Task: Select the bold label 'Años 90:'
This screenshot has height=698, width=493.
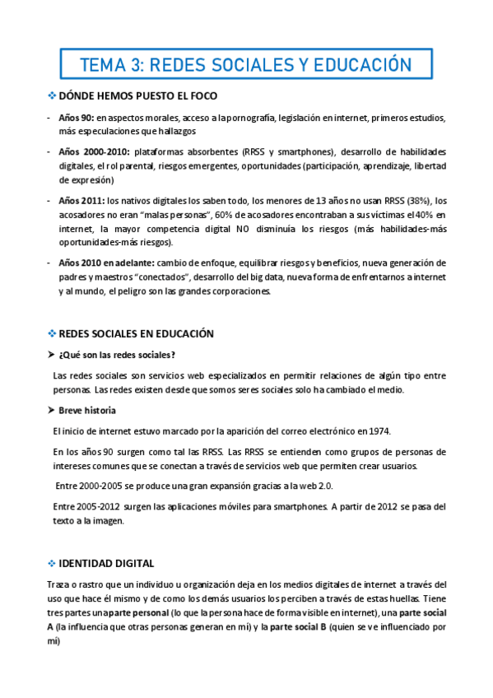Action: tap(76, 119)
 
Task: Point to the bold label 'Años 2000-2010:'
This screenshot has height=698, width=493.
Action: tap(94, 152)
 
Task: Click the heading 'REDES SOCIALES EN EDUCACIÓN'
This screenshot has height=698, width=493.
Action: tap(137, 333)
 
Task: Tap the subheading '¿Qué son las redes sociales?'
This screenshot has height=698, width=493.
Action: tap(117, 355)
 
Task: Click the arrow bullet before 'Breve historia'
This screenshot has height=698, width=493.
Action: tap(51, 410)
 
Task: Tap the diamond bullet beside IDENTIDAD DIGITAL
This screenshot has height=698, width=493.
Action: tap(51, 563)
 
